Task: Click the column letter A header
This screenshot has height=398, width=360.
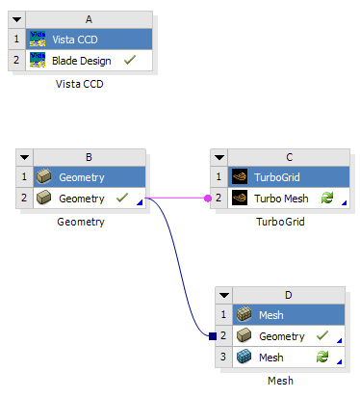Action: tap(89, 19)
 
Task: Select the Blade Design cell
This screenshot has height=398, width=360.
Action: tap(81, 60)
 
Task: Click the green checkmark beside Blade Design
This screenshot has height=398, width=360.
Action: tap(129, 60)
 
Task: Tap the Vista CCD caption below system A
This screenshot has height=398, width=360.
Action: tap(81, 84)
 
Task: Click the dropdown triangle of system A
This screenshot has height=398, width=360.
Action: tap(15, 19)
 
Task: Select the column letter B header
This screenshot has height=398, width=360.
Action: tap(89, 157)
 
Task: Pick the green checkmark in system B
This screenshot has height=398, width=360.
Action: tap(121, 198)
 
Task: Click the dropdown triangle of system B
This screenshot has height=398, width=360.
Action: tap(22, 157)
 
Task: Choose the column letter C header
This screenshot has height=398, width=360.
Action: tap(287, 157)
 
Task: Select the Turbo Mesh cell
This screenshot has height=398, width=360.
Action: tap(281, 198)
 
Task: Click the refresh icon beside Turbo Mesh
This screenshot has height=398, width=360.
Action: tap(326, 198)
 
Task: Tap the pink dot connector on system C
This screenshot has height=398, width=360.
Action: tap(208, 198)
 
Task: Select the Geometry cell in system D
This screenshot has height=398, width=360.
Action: tap(282, 335)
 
